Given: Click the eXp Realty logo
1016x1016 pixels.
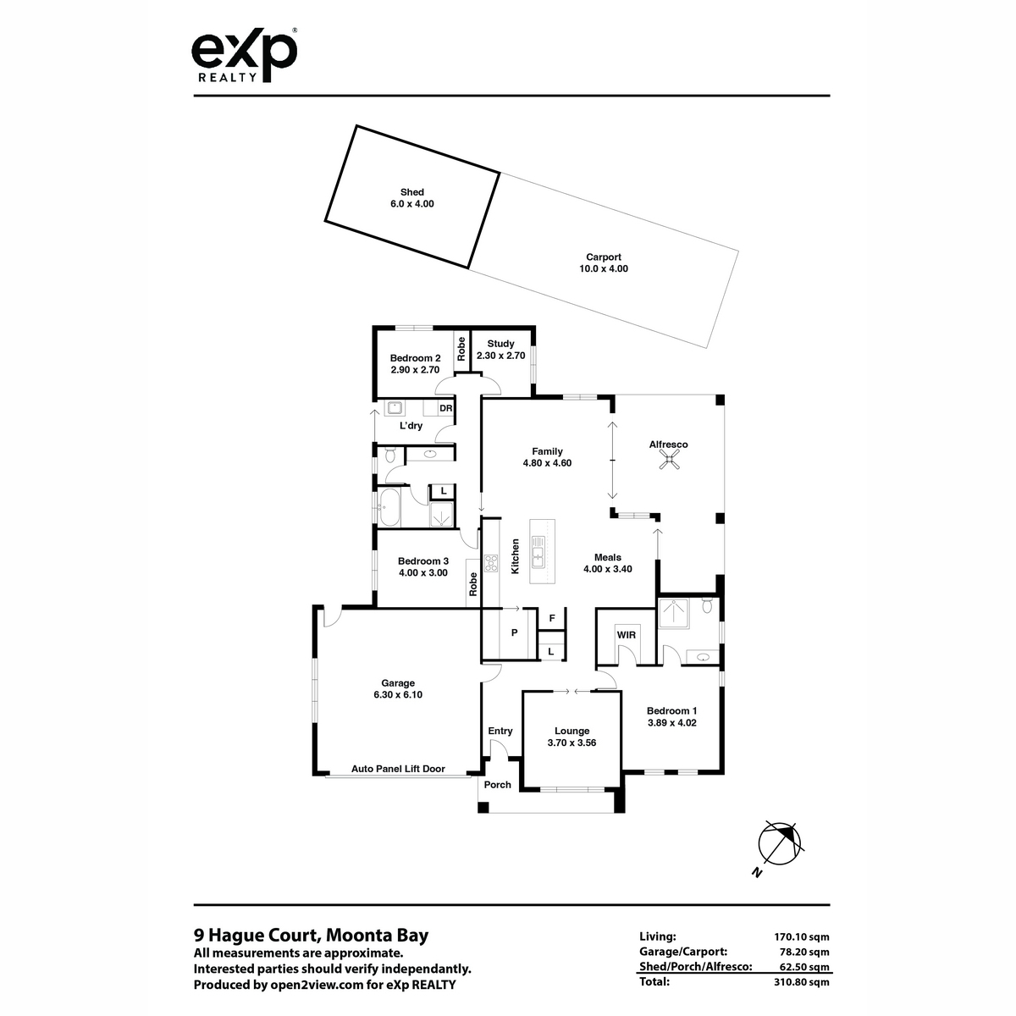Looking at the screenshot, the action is click(244, 56).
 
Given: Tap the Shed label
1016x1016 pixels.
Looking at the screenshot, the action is click(411, 192).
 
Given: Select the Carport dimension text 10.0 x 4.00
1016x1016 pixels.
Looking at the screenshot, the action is click(604, 268).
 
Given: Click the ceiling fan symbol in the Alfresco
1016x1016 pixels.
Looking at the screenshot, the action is click(669, 462).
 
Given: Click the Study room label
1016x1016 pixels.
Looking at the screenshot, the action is click(500, 344).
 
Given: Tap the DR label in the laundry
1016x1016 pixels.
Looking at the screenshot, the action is click(445, 408).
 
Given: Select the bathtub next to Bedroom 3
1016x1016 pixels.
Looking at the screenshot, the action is click(389, 507).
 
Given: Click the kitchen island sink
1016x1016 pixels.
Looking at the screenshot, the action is click(538, 551).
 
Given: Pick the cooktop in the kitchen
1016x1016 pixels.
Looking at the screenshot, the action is click(491, 562).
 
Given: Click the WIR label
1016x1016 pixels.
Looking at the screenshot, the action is click(626, 635).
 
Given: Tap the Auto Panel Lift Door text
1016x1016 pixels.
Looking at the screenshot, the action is click(398, 769).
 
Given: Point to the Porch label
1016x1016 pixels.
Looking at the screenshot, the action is click(497, 785).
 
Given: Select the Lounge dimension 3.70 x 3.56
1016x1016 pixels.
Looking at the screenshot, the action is click(571, 743).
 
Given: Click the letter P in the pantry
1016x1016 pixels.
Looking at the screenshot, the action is click(515, 632).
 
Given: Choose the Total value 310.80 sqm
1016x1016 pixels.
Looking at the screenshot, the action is click(801, 982).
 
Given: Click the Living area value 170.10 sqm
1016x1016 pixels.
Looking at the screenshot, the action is click(801, 937).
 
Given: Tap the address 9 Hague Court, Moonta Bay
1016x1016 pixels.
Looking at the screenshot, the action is click(311, 935).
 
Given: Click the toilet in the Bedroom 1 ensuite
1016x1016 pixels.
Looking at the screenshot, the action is click(707, 606).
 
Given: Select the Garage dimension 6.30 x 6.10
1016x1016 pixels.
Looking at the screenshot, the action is click(398, 694).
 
